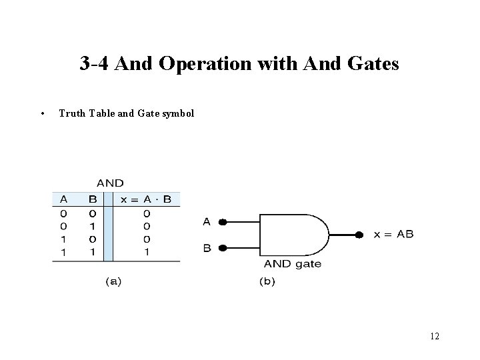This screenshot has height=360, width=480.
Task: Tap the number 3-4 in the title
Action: pos(96,64)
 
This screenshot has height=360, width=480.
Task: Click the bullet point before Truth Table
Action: pos(42,113)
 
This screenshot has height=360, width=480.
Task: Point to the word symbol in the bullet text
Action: pos(178,113)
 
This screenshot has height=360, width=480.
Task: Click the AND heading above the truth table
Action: pos(110,183)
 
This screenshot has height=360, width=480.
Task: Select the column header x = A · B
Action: pos(146,199)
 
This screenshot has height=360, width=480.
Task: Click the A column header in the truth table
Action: pos(63,199)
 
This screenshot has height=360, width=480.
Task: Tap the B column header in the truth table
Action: pos(93,199)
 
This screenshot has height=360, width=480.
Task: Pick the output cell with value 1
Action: pos(146,253)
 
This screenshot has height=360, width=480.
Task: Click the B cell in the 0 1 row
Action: pos(93,227)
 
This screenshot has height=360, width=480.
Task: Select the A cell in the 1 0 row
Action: pos(63,239)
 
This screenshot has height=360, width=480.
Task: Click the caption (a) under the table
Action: pos(114,281)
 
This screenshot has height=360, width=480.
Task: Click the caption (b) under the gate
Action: pos(267,281)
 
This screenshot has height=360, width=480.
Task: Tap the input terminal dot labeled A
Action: pos(222,222)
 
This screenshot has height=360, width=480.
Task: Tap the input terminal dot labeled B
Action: pos(222,248)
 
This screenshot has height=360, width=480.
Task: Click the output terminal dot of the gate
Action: pos(359,235)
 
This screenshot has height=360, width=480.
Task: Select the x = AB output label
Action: pos(393,234)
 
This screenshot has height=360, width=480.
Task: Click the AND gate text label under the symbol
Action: pos(292,264)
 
